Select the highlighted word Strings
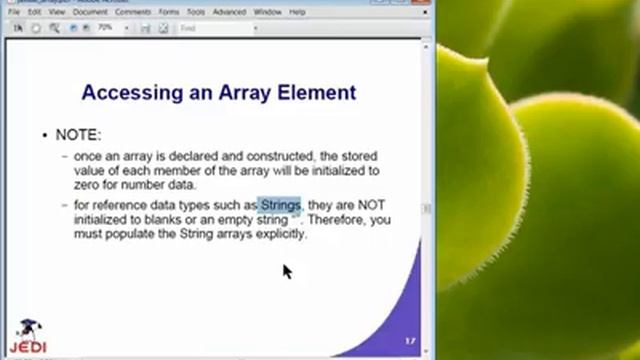tap(280, 205)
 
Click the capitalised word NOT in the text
tap(369, 205)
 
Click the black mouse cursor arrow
tap(287, 271)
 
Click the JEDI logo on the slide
tap(33, 338)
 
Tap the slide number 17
tap(410, 340)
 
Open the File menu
tap(14, 12)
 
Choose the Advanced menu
tap(229, 12)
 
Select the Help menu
tap(298, 12)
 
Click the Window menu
tap(268, 12)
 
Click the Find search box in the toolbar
tap(216, 28)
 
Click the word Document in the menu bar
tap(91, 12)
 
